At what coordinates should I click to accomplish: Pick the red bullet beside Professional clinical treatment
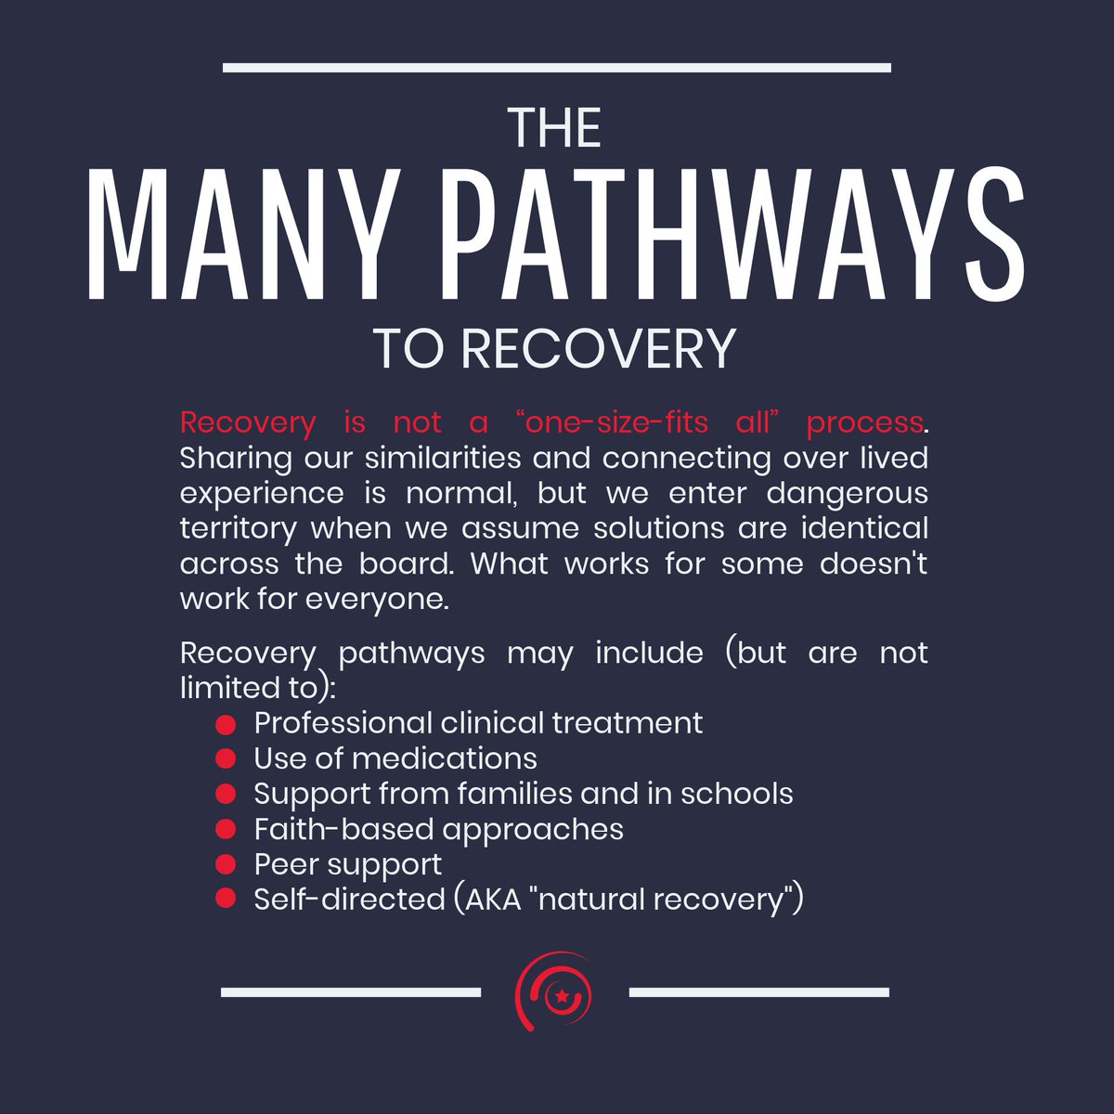tap(224, 722)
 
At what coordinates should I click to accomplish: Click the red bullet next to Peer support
tap(224, 864)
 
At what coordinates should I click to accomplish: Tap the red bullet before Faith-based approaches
tap(224, 829)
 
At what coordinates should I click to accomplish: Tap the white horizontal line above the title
tap(557, 67)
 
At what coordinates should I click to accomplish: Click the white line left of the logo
tap(351, 991)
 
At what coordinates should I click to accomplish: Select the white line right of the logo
tap(758, 991)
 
